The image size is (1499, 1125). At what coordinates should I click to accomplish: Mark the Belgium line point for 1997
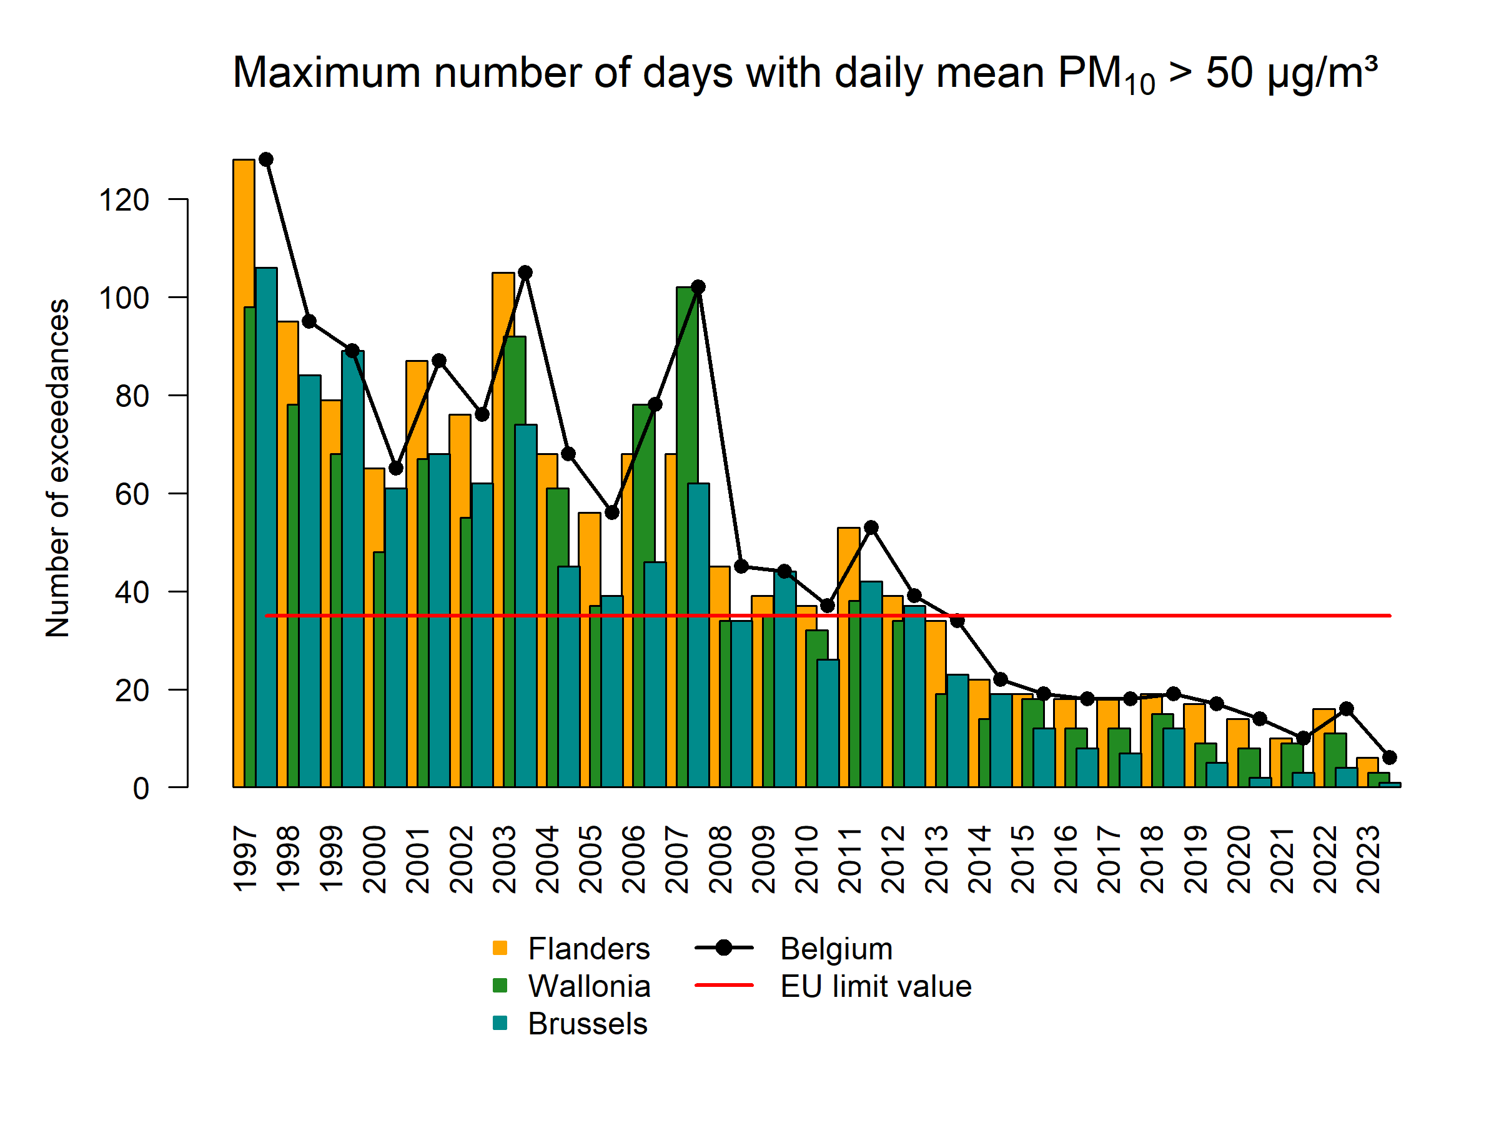point(266,159)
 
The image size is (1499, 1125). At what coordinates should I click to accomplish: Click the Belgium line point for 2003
point(525,272)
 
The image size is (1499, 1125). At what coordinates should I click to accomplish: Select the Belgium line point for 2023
point(1389,757)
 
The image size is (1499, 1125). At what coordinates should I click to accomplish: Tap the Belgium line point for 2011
point(871,527)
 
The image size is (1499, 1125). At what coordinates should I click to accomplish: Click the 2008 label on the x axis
point(720,859)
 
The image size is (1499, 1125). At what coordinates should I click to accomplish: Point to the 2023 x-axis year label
point(1368,859)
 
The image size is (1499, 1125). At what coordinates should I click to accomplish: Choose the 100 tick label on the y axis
point(124,298)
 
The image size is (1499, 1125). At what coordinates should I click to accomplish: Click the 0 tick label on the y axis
point(141,789)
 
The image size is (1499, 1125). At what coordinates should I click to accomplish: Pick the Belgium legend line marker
point(724,948)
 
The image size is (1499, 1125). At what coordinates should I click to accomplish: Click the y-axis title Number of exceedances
point(58,468)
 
